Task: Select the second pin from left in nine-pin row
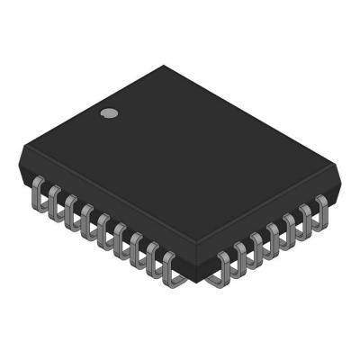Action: [54, 200]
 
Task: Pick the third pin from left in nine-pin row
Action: [70, 209]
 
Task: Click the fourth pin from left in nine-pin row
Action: [86, 218]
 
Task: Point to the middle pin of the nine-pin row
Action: [103, 227]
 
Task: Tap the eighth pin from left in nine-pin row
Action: [152, 256]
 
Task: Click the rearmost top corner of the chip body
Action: [166, 66]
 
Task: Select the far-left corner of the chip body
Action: [20, 162]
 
